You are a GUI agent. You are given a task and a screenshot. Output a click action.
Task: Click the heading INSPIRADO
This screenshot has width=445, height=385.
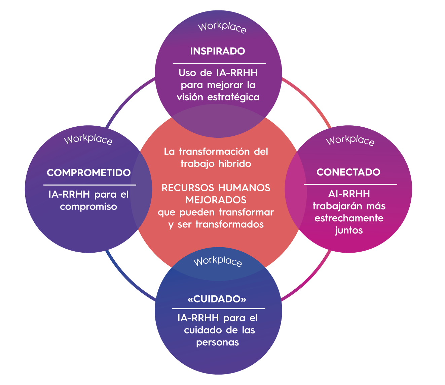pos(218,51)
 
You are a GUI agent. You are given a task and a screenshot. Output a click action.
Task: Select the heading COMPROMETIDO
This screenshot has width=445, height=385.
pos(89,173)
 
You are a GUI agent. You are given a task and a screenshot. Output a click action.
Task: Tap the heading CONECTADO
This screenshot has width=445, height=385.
pos(348,172)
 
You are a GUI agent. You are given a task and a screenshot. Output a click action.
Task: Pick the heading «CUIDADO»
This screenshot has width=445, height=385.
pos(217,299)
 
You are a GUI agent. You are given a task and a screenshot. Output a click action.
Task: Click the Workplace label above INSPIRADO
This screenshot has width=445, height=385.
pos(222,28)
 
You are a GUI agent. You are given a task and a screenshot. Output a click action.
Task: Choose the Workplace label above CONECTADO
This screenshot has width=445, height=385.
pos(350,140)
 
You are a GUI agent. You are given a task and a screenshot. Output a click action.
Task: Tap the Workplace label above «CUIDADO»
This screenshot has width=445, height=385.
pos(218,261)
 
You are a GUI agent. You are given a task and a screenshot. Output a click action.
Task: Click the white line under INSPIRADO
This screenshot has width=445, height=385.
pos(219,63)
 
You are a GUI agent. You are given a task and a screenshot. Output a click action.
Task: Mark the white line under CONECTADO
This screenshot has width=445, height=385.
pos(350,185)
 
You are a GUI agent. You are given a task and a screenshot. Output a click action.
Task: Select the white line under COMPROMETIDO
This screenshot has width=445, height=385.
pos(89,185)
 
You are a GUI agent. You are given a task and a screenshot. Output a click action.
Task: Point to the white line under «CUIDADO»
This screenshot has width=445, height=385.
pos(219,309)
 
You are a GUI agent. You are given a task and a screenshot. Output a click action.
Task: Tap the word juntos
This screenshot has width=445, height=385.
pos(349,230)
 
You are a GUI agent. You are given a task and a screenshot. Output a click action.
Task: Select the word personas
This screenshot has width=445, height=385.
pos(218,343)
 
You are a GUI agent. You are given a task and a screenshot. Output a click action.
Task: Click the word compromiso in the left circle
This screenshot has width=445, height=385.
pos(88,206)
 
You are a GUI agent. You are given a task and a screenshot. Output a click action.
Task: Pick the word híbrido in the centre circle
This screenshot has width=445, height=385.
pos(235,164)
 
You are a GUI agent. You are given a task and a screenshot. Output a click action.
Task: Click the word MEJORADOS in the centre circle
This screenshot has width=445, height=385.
pos(216,200)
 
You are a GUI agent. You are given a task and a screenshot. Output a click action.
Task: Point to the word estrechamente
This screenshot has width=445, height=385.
pos(349,218)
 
